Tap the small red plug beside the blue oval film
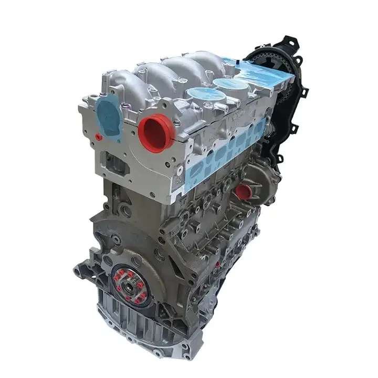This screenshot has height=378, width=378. (98, 137)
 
